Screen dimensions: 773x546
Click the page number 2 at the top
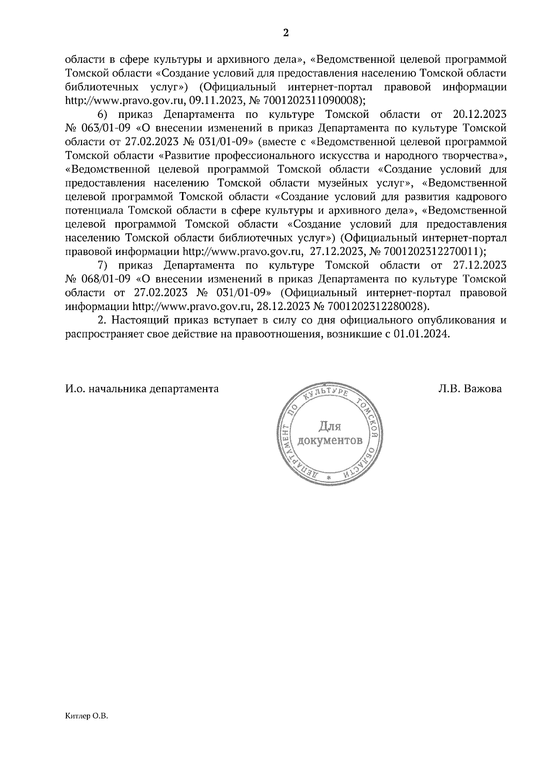tap(286, 33)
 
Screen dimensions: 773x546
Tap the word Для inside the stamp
tap(329, 426)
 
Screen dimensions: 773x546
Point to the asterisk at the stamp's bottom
tap(329, 478)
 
